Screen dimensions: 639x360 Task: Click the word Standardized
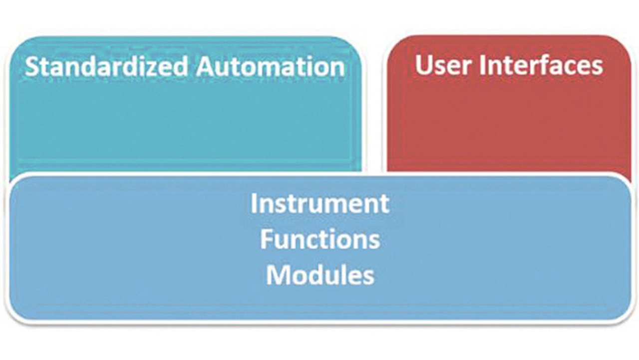click(106, 66)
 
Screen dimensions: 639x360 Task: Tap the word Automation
click(271, 67)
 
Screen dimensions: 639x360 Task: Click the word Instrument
click(320, 203)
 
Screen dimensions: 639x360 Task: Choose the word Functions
click(320, 239)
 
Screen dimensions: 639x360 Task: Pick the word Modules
click(320, 275)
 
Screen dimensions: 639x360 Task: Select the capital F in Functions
click(266, 239)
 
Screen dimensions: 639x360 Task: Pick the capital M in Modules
click(276, 275)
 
